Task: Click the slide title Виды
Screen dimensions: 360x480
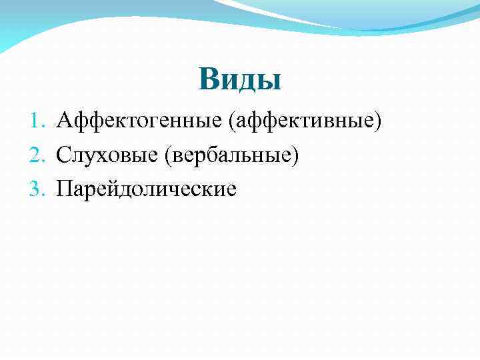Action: pyautogui.click(x=240, y=79)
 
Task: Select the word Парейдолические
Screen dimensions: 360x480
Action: pyautogui.click(x=147, y=189)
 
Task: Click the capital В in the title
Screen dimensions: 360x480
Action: pyautogui.click(x=208, y=79)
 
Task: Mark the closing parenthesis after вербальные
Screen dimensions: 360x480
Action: pyautogui.click(x=295, y=156)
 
